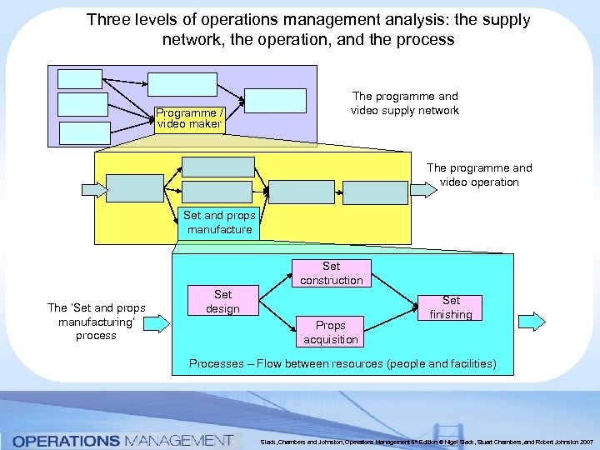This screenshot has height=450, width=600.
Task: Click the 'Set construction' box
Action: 331,273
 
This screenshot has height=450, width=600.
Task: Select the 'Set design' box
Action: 222,301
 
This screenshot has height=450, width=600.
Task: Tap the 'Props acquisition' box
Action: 331,332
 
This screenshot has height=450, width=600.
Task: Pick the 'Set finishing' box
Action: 451,307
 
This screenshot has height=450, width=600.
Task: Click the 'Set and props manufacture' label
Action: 219,222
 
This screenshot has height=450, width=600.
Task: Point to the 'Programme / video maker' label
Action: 190,117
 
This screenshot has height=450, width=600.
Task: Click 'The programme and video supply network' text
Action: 404,103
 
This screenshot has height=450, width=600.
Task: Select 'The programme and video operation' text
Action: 479,175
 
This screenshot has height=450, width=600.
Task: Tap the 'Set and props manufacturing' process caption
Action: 96,322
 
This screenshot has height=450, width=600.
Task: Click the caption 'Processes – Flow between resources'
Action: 342,363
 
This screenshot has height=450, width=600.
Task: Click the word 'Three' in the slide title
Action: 107,19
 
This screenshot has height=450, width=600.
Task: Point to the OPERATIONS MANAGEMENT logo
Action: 122,440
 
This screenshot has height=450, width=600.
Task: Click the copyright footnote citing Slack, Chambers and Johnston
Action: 426,441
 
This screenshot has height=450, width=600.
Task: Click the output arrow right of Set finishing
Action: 532,321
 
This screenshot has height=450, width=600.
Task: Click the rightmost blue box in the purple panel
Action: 276,99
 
